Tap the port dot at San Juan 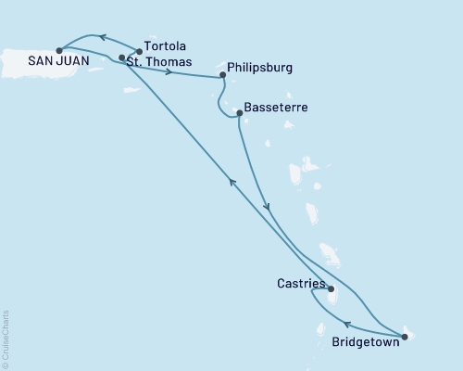pos(59,50)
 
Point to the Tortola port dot pos(139,52)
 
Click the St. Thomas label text pos(159,62)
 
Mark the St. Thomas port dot pos(121,58)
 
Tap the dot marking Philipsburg pos(222,74)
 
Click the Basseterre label pos(276,108)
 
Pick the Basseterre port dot pos(240,113)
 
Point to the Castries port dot pos(331,288)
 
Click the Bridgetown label pos(367,341)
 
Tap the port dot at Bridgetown pos(405,336)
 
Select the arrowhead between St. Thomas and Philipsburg pos(168,71)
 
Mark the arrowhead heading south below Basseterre pos(267,206)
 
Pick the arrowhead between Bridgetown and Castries pos(347,324)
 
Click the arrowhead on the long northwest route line pos(232,183)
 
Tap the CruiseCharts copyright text pos(6,338)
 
